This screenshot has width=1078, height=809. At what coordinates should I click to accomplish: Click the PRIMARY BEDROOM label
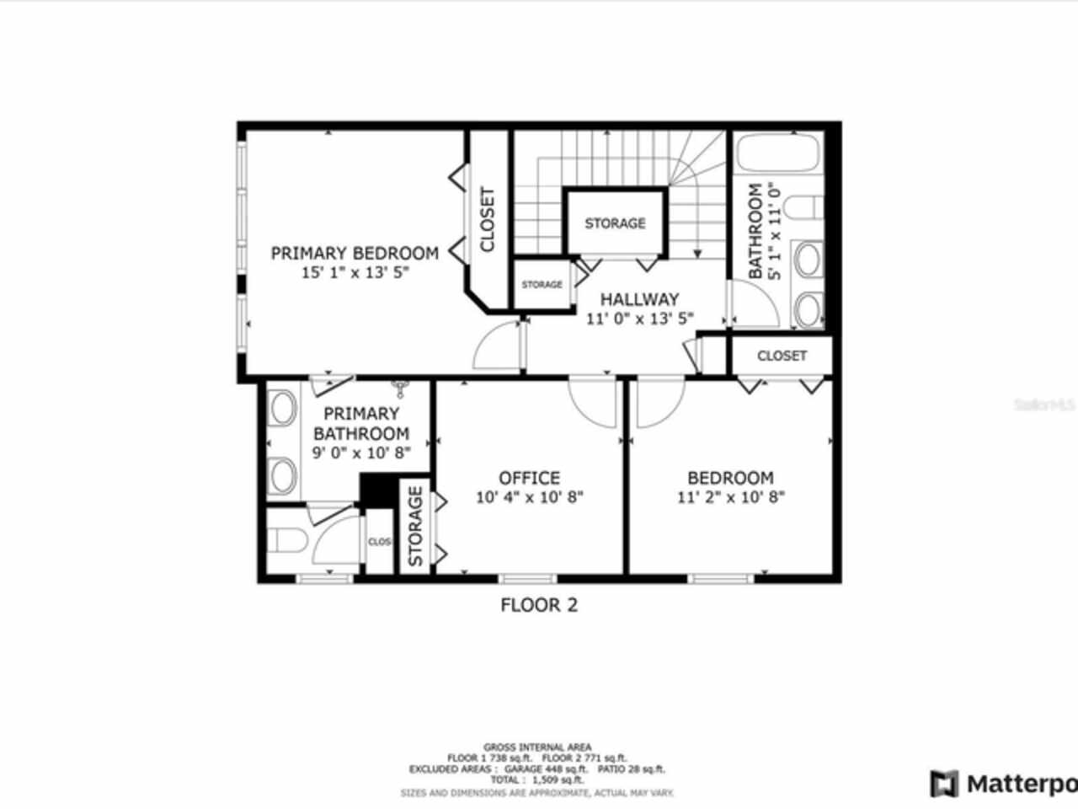tap(355, 253)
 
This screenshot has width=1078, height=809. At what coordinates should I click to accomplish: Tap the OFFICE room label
tap(529, 478)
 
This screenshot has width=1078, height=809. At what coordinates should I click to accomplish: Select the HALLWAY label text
tap(639, 299)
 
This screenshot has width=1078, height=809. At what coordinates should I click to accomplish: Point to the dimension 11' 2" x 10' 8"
tap(731, 497)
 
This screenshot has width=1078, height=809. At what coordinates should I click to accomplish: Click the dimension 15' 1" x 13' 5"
tap(355, 273)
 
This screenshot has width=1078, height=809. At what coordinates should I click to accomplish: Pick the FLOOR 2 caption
tap(539, 604)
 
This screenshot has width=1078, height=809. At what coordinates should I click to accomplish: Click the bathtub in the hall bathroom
tap(778, 155)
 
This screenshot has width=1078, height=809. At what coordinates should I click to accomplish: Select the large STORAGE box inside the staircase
tap(616, 223)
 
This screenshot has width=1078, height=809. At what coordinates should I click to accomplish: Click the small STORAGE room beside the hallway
tap(542, 285)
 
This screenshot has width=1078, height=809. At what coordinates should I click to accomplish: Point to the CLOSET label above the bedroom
tap(782, 356)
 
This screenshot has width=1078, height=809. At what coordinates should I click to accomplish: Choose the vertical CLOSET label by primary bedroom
tap(488, 219)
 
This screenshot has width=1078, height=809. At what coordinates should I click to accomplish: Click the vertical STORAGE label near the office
tap(415, 527)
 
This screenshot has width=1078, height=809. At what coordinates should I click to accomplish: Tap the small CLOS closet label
tap(379, 542)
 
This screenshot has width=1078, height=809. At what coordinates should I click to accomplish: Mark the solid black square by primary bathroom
tap(378, 490)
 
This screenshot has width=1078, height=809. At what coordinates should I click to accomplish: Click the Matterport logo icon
tap(944, 783)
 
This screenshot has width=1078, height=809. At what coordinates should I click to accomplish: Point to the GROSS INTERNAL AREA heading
tap(537, 747)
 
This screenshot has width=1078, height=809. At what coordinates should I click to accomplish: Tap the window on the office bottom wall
tap(527, 578)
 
